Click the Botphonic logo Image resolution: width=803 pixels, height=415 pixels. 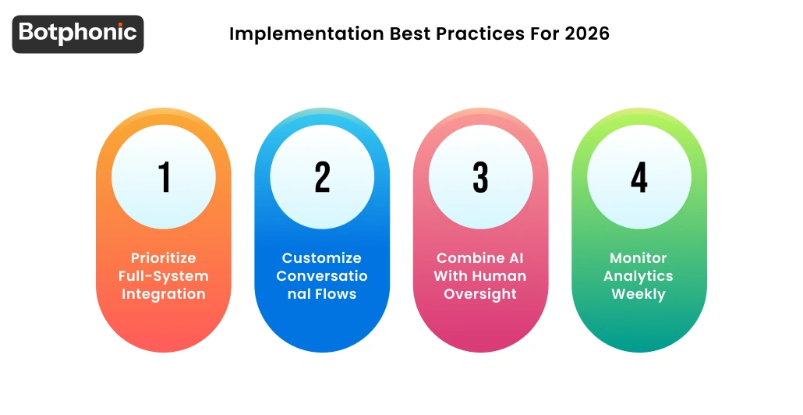tap(78, 34)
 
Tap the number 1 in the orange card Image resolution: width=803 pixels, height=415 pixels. tap(164, 177)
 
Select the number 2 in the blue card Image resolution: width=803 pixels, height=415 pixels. tap(322, 177)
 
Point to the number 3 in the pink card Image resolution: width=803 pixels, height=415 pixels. tap(480, 177)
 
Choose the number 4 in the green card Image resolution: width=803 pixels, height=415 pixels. tap(639, 177)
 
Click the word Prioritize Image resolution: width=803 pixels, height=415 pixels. tap(164, 258)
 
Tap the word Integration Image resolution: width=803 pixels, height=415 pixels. tap(164, 294)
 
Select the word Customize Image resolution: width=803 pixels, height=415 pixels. tap(322, 258)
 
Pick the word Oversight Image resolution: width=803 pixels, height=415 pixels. tap(480, 294)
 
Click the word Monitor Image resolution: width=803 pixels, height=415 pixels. tap(639, 258)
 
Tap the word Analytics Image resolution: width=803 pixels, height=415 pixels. tap(639, 276)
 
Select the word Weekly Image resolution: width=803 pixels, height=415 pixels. tap(639, 294)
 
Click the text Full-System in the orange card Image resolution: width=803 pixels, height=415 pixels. tap(164, 276)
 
